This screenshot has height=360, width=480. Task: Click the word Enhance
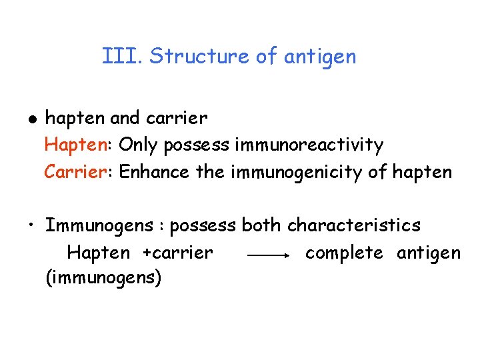pyautogui.click(x=155, y=172)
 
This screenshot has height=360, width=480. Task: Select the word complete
pyautogui.click(x=344, y=253)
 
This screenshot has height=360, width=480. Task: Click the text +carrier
pyautogui.click(x=177, y=253)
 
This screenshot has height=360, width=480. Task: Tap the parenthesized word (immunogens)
pyautogui.click(x=103, y=277)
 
